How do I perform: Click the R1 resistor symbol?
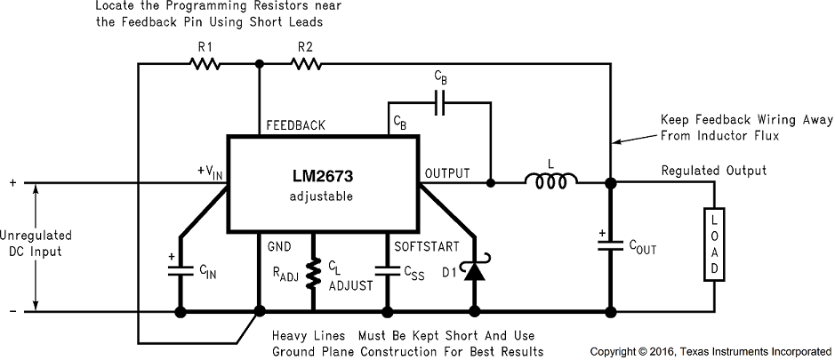[x=204, y=64]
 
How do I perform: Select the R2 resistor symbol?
[x=306, y=64]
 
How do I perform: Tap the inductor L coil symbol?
[x=551, y=183]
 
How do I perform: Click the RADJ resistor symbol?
[x=314, y=275]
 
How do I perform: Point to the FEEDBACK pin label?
[x=294, y=126]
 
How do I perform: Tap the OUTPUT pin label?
[x=446, y=172]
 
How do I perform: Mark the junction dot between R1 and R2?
[x=260, y=64]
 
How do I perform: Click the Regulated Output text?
[x=713, y=171]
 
